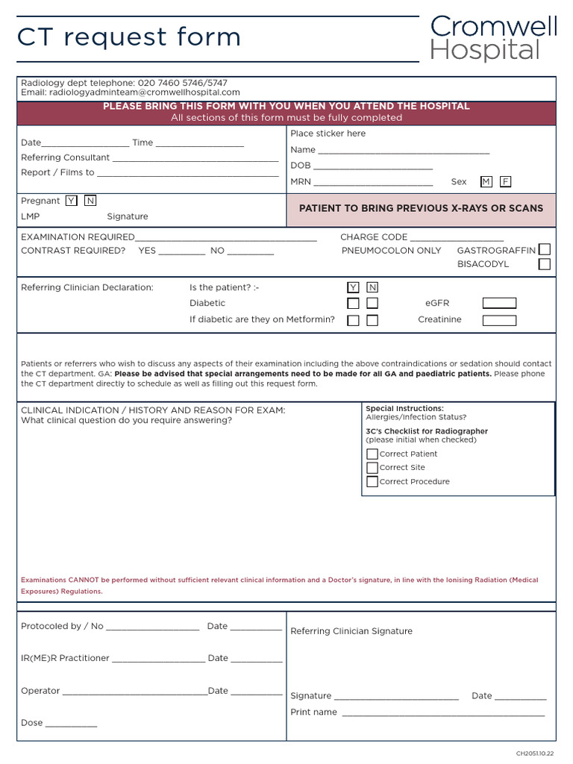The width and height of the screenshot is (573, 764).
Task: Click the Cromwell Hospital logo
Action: (493, 39)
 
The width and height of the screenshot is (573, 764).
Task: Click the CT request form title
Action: (129, 37)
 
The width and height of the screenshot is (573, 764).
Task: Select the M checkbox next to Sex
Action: (486, 181)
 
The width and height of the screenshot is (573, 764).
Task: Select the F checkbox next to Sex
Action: (506, 181)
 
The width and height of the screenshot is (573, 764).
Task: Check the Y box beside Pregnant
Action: (71, 201)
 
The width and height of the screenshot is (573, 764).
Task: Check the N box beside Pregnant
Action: (90, 201)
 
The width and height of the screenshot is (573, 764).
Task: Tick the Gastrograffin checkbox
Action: (545, 249)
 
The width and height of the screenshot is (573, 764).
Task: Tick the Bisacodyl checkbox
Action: (545, 264)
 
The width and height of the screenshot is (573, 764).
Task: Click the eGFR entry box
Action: (499, 303)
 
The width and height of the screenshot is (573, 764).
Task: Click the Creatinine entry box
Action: (499, 320)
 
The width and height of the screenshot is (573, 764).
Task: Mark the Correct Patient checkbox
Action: (372, 454)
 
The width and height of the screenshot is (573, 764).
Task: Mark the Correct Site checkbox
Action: (372, 468)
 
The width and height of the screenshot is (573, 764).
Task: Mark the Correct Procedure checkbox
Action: (372, 482)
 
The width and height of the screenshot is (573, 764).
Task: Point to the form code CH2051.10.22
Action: (535, 754)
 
